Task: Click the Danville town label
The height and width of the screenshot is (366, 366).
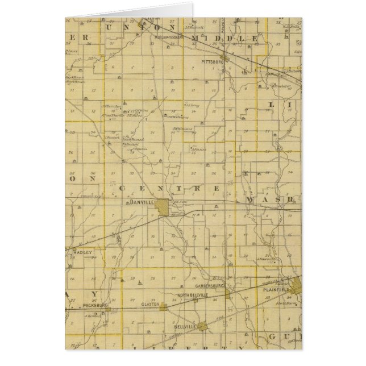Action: (140, 202)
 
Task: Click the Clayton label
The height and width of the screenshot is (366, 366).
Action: (149, 305)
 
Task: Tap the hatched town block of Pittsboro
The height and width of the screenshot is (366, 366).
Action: (226, 57)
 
